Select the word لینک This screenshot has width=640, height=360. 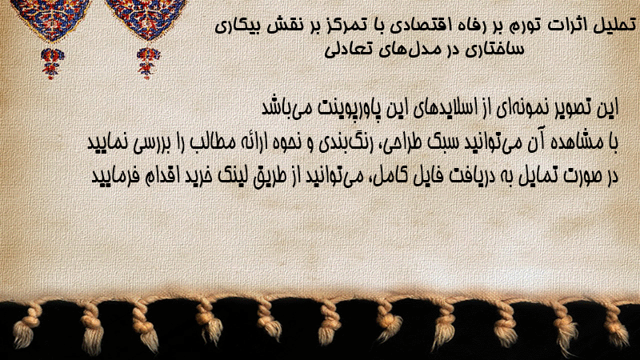[237, 176]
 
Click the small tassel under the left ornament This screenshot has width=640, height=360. [52, 63]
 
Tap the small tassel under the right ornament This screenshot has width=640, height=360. [148, 63]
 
